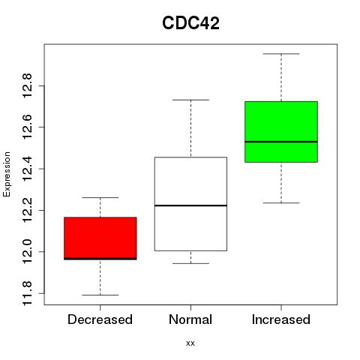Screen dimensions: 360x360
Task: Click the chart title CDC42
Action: click(190, 23)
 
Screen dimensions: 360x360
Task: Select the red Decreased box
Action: click(100, 238)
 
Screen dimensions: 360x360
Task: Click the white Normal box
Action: click(190, 204)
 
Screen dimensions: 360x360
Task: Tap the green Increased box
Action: click(281, 132)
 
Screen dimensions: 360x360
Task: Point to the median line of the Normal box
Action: click(190, 205)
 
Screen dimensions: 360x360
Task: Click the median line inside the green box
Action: click(281, 142)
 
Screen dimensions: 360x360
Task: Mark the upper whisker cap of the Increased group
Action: click(281, 54)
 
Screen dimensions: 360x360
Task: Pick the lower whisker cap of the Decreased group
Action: click(100, 295)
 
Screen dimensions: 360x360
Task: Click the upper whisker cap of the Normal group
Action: click(190, 100)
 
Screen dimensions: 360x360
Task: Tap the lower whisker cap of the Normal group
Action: click(190, 263)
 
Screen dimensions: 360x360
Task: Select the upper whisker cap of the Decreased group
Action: click(100, 197)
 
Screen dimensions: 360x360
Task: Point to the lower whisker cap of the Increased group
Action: click(281, 202)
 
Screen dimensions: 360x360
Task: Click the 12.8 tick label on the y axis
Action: click(27, 85)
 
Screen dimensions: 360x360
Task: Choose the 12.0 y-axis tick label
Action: click(27, 251)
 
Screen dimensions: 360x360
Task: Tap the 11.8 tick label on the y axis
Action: click(27, 293)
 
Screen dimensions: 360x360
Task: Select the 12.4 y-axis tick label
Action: click(27, 169)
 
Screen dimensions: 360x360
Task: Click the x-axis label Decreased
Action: click(100, 319)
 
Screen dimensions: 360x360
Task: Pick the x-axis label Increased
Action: click(281, 319)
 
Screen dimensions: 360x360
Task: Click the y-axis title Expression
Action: click(7, 174)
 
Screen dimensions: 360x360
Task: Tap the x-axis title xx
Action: click(190, 343)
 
